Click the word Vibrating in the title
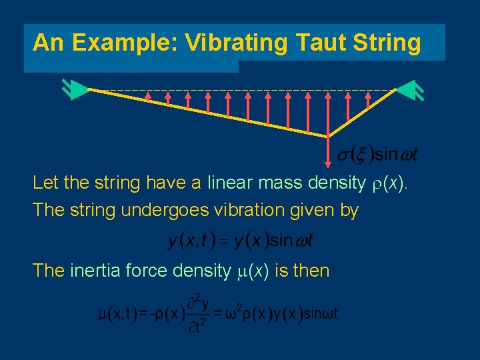236,43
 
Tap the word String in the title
389,43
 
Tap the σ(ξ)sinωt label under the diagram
377,155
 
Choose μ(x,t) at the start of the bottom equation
121,313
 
